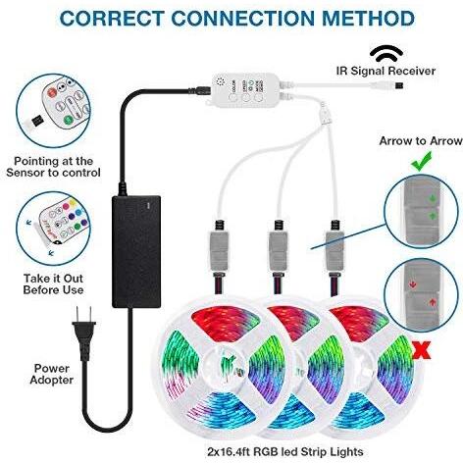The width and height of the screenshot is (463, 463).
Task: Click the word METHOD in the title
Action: pyautogui.click(x=369, y=18)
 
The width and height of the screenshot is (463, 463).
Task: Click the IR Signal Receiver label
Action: pyautogui.click(x=386, y=71)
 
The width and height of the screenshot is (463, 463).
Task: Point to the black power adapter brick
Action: pyautogui.click(x=136, y=252)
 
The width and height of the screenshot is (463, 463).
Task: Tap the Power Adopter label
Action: pyautogui.click(x=52, y=374)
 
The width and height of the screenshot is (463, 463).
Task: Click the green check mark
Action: pyautogui.click(x=421, y=161)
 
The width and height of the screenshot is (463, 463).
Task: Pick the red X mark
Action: pyautogui.click(x=422, y=349)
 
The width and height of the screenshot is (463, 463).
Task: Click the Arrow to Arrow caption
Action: pyautogui.click(x=421, y=141)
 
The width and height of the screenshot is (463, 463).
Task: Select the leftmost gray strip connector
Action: pyautogui.click(x=219, y=250)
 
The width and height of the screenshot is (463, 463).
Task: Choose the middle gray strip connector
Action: pyautogui.click(x=278, y=250)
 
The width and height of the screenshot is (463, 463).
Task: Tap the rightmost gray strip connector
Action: pyautogui.click(x=334, y=250)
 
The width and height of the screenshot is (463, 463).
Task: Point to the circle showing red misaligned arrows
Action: pyautogui.click(x=421, y=294)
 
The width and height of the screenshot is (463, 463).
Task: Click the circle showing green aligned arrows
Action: pyautogui.click(x=421, y=211)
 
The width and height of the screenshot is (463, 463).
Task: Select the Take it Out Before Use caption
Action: pyautogui.click(x=53, y=284)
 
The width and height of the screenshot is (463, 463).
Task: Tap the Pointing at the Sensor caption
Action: pyautogui.click(x=53, y=167)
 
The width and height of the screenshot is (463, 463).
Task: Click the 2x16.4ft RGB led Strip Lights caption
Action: pyautogui.click(x=285, y=452)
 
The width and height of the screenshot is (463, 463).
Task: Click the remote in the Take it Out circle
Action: pyautogui.click(x=62, y=223)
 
